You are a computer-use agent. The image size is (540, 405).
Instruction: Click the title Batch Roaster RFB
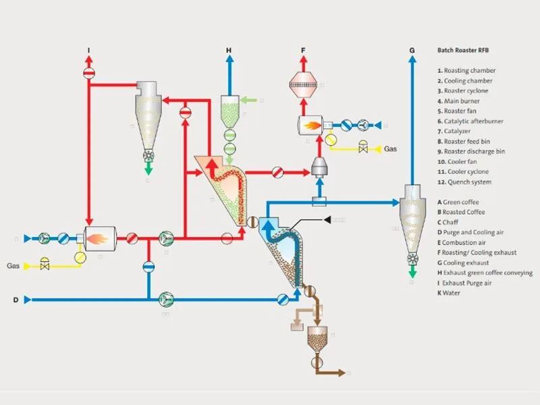point(460,51)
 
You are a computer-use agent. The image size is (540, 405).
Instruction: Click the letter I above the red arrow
point(88,51)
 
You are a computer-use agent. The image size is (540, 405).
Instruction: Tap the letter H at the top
point(229,51)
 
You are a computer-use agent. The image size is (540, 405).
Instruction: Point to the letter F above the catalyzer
point(303,51)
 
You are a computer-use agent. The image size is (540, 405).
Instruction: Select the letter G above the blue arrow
point(411,51)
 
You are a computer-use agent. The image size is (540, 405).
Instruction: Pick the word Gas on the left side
point(14,265)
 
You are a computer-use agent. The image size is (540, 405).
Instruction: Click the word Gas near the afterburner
point(391,148)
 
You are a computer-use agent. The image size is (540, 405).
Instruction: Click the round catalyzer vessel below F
point(303,84)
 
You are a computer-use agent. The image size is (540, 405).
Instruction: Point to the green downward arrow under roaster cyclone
point(148,169)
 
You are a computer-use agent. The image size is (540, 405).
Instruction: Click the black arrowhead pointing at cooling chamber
point(329,219)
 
